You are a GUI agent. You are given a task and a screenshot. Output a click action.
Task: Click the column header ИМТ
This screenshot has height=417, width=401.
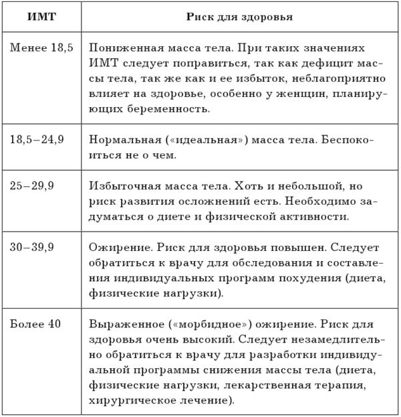pos(41,16)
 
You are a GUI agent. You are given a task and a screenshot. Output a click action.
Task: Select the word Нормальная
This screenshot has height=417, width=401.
pos(120,141)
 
